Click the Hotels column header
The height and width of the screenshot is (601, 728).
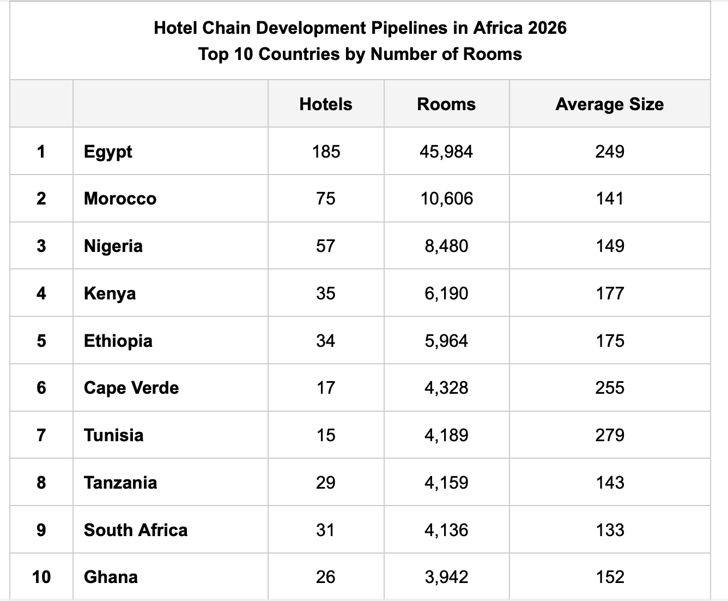coord(326,104)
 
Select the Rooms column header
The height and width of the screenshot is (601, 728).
coord(446,104)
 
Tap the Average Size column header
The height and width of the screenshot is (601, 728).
coord(609,104)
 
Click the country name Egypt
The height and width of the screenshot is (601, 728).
coord(108,152)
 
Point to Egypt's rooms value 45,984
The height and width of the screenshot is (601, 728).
coord(446,152)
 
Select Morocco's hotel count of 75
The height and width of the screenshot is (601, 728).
coord(326,199)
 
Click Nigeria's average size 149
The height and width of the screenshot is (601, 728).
coord(610,246)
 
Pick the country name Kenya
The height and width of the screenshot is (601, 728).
coord(110,293)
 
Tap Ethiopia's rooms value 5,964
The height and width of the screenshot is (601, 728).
coord(446,341)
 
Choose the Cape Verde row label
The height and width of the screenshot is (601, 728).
coord(131,388)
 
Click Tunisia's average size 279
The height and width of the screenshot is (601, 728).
coord(610,435)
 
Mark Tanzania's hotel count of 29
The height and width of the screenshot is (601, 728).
coord(326,483)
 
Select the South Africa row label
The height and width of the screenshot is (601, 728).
coord(136,530)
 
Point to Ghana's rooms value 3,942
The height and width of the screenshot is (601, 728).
coord(446,577)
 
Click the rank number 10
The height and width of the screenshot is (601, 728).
coord(41,577)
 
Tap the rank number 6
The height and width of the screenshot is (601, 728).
coord(41,388)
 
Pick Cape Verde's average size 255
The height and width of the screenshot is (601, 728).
coord(610,388)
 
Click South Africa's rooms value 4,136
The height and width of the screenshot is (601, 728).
coord(446,530)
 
